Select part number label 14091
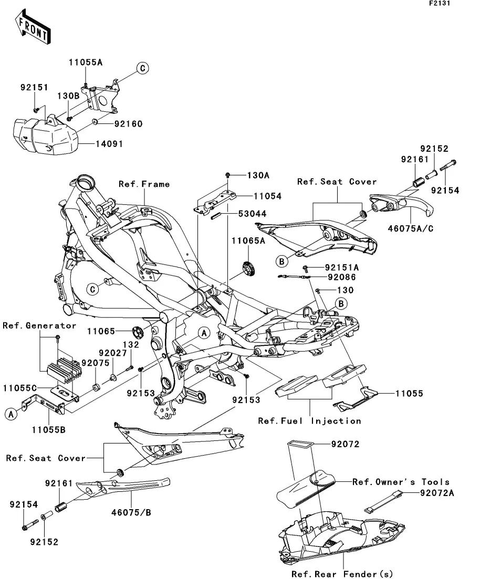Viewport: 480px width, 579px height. (x=109, y=144)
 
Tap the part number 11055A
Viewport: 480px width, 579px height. (x=85, y=62)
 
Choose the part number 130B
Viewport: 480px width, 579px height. (x=68, y=97)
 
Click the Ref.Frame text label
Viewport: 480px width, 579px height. (x=144, y=184)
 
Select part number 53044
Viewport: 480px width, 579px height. (x=253, y=214)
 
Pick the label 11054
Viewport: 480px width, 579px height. (x=253, y=196)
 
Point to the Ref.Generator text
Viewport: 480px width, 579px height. (x=39, y=326)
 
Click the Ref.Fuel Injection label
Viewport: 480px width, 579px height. (x=309, y=421)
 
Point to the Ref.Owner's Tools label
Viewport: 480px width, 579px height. (x=401, y=482)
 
